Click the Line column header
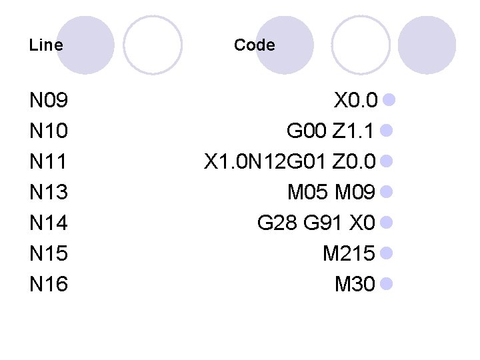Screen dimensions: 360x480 (x=47, y=45)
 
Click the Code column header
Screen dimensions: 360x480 (x=254, y=45)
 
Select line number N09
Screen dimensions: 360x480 (x=49, y=101)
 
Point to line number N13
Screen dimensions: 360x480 (x=49, y=193)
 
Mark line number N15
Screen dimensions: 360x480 (x=49, y=254)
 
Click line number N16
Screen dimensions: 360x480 (x=49, y=285)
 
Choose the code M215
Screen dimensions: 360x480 (x=348, y=254)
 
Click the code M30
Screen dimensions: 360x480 (x=355, y=285)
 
